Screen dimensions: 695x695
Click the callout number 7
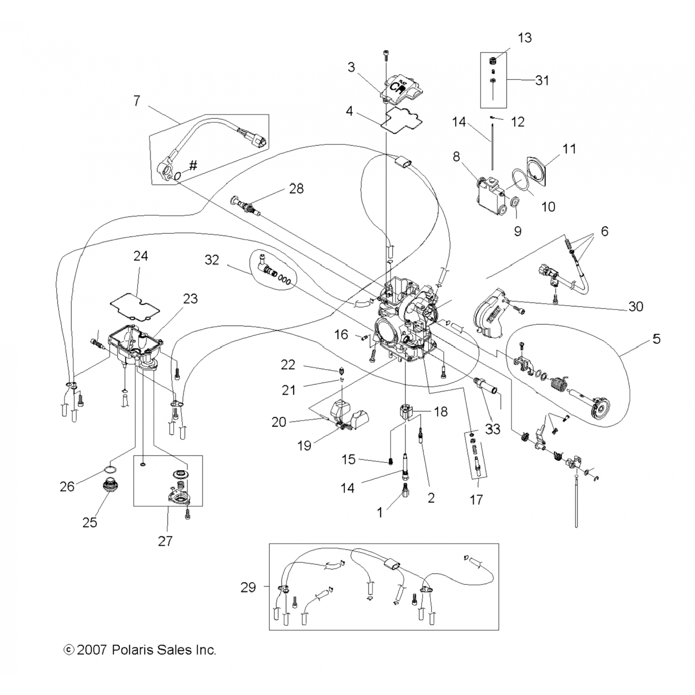136,101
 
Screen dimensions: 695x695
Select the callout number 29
248,588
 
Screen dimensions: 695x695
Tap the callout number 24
140,256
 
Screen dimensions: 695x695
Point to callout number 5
656,339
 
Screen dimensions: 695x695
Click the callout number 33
493,429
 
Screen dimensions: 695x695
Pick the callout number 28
296,189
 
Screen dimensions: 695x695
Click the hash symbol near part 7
193,165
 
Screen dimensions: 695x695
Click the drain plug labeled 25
109,486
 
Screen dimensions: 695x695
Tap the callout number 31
542,80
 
